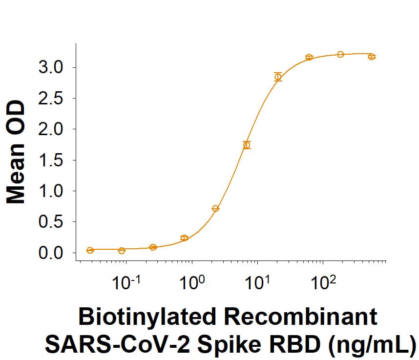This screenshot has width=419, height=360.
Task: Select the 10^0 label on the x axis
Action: (192, 282)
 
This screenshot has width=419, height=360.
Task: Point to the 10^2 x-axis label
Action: (323, 282)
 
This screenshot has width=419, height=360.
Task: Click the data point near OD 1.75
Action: (247, 145)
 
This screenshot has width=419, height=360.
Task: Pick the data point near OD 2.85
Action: (278, 77)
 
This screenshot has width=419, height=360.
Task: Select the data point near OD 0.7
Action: (215, 208)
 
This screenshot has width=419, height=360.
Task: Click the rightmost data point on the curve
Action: (372, 57)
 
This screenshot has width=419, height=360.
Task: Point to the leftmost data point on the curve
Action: (90, 250)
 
